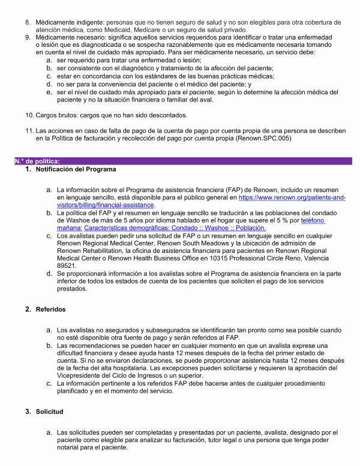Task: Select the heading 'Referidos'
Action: (x=51, y=309)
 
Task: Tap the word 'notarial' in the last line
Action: (x=69, y=447)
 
